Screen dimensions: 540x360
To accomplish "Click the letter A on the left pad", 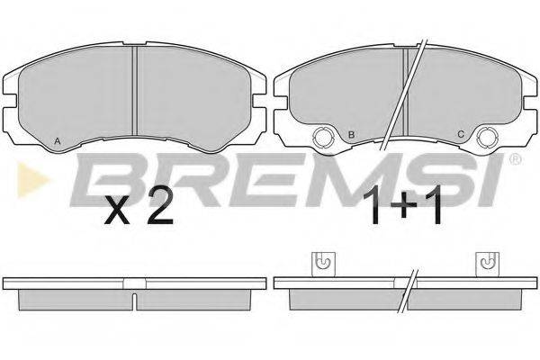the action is [58, 140].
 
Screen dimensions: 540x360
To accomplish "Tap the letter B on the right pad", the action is [351, 134].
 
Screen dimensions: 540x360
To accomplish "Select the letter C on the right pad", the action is [461, 134].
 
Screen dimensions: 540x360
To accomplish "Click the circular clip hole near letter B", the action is [322, 138].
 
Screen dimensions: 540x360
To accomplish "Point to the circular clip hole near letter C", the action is [487, 138].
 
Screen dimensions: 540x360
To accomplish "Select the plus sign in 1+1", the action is [403, 207].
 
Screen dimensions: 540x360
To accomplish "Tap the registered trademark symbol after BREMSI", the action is [516, 159].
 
